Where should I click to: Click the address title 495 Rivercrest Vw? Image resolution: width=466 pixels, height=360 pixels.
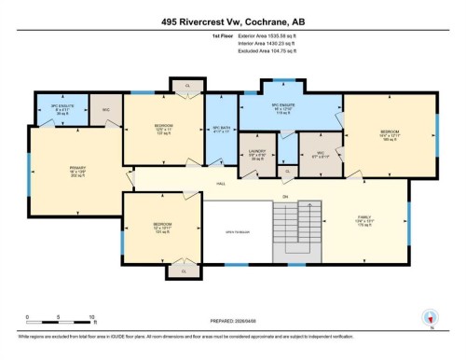[232, 10]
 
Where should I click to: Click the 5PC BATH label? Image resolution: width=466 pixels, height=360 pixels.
[220, 130]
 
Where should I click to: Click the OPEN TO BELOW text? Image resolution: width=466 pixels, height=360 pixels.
[236, 231]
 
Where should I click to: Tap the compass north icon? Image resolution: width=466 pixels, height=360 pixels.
[431, 317]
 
